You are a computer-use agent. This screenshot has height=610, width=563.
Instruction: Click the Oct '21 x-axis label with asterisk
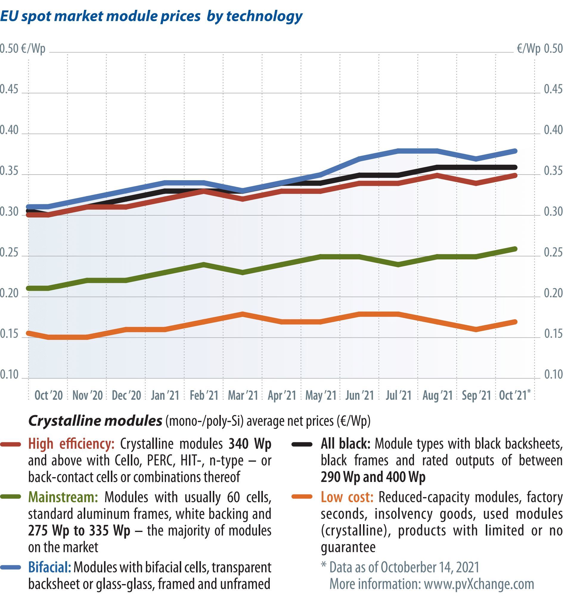point(514,395)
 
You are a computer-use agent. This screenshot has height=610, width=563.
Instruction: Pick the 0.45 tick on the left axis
point(9,89)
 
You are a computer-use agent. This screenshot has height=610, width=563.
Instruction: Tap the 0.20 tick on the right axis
point(553,293)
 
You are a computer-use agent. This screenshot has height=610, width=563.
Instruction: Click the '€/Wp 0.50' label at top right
point(539,49)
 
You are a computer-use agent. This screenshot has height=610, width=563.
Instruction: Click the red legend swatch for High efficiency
point(11,445)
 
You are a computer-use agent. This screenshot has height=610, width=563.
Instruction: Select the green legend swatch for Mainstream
point(11,497)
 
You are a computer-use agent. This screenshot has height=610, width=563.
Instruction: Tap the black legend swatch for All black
point(302,445)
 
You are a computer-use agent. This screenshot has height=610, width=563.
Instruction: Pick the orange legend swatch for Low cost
point(302,497)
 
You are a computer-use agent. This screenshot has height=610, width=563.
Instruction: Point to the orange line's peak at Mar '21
point(243,314)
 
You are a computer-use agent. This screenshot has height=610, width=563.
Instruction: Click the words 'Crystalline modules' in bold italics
point(95,421)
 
